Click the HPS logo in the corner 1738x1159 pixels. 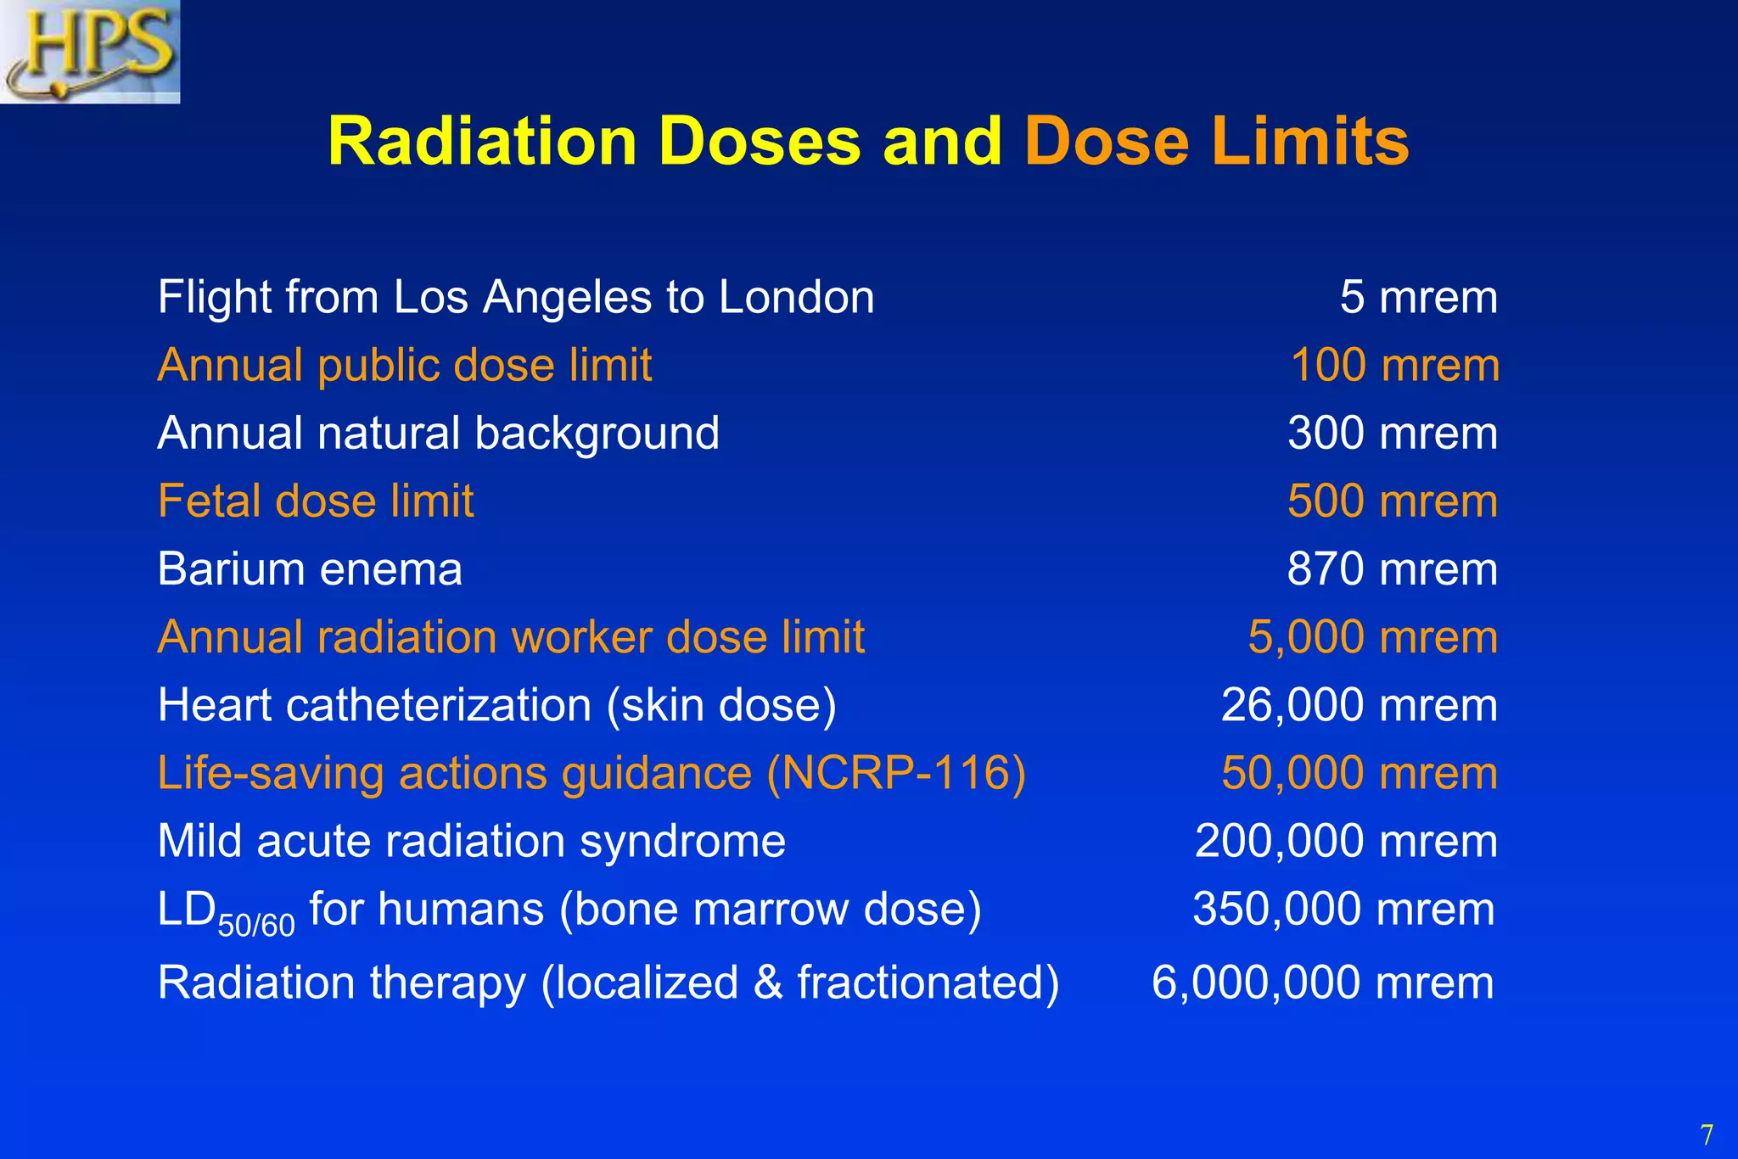tap(90, 51)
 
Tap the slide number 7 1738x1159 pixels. tap(1706, 1134)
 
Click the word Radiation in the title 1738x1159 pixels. tap(482, 141)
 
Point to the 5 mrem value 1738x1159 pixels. tap(1418, 298)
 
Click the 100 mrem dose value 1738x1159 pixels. tap(1394, 366)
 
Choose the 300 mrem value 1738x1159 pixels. tap(1393, 434)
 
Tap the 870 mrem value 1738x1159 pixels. tap(1393, 569)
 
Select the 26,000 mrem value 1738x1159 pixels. tap(1360, 705)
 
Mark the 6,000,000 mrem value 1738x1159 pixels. tap(1322, 983)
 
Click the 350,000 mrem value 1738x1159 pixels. tap(1343, 909)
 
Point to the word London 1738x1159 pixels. tap(796, 298)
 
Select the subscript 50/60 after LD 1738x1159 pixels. tap(256, 924)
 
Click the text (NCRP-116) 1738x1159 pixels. tap(896, 774)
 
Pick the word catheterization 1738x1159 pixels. tap(439, 705)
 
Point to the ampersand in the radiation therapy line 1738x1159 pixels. tap(767, 983)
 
